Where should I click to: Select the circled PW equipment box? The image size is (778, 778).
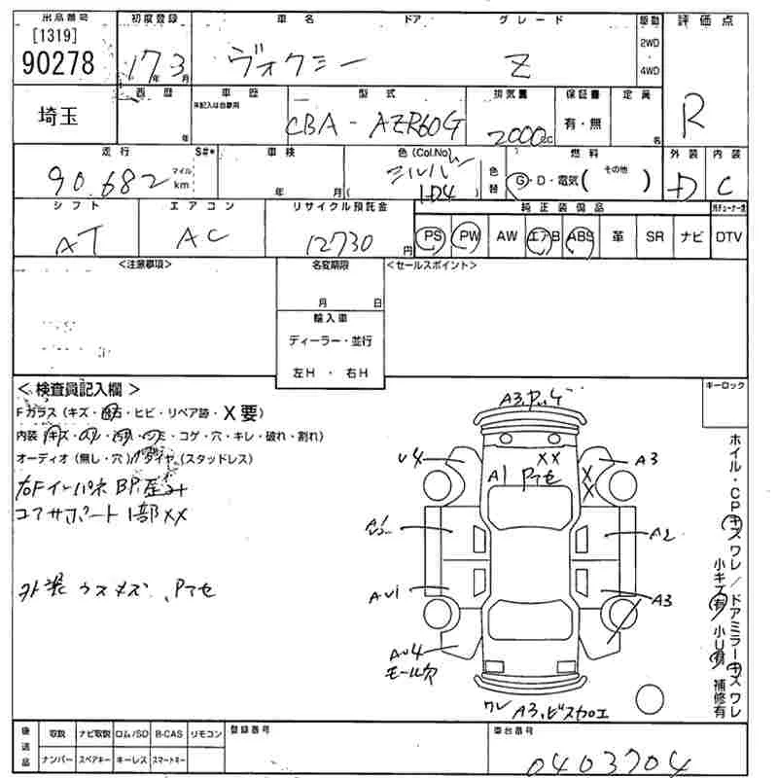(x=470, y=236)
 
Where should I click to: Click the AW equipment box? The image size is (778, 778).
(x=507, y=236)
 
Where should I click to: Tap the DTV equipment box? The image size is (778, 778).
(x=728, y=236)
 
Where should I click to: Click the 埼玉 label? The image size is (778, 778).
(x=49, y=115)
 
